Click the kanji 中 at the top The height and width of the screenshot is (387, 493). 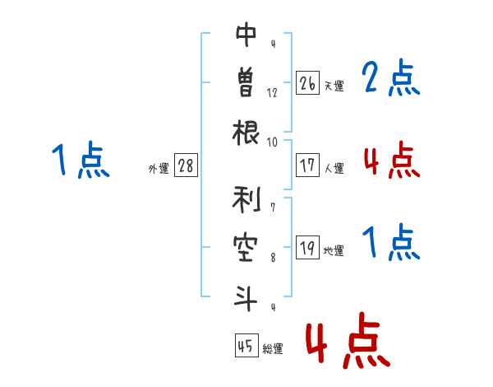pos(246,35)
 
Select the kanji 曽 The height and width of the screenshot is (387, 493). pos(246,82)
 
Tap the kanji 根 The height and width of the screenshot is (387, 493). pos(246,133)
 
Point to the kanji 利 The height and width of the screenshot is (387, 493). pos(246,199)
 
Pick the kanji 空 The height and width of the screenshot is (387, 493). pos(246,248)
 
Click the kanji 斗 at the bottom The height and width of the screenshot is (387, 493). pos(246,298)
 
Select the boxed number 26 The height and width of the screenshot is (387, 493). pos(307,83)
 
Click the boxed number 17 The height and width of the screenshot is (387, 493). pos(307,166)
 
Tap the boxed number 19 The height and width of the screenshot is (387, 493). pos(307,247)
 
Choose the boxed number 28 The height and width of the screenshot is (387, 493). pos(186,166)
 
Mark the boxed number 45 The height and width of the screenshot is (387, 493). pos(246,345)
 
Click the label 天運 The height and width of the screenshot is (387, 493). pos(334,86)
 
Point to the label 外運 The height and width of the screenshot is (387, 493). pos(159,168)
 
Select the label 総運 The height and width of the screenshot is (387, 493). pos(273,348)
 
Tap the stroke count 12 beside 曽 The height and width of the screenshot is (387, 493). pos(272,93)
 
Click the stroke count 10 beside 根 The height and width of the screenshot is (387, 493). pos(272,142)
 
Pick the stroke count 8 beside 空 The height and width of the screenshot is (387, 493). pos(273,258)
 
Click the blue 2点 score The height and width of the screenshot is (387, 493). pos(391,77)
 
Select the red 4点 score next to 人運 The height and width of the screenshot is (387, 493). pos(392,160)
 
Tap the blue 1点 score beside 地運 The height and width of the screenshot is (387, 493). pos(391,242)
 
